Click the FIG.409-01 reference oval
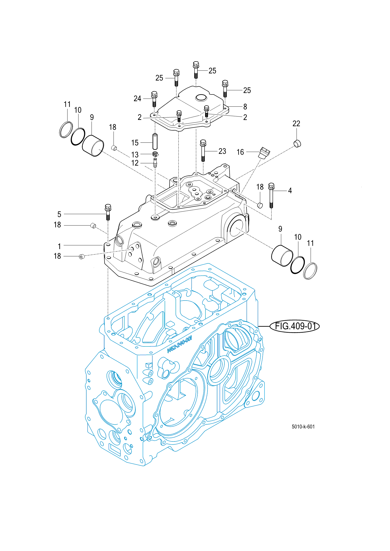coord(295,326)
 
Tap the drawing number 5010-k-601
coord(303,427)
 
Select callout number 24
coord(137,99)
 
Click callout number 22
coord(296,124)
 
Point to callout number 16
coord(240,152)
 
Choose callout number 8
coord(245,107)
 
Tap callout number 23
coord(222,151)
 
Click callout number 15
coord(135,143)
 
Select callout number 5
coord(59,214)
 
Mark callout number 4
coord(290,191)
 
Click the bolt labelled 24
coord(154,99)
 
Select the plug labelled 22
coord(297,143)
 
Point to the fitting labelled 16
coord(264,153)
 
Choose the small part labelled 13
coord(155,154)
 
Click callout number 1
coord(59,246)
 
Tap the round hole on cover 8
coord(201,98)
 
